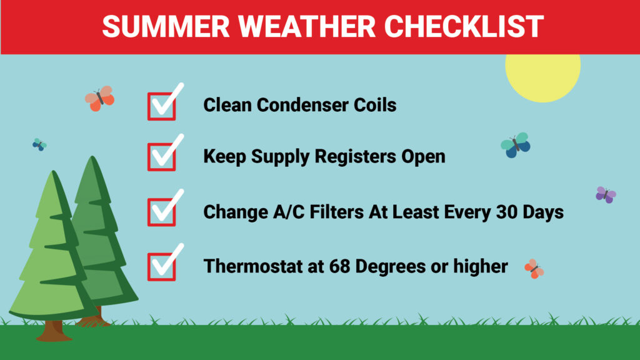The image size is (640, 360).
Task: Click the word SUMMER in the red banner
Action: click(x=166, y=26)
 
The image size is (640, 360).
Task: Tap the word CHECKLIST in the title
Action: click(x=464, y=26)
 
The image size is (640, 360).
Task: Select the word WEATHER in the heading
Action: click(x=306, y=26)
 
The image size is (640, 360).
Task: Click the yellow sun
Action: click(x=543, y=76)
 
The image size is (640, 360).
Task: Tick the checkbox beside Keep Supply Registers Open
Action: click(x=162, y=157)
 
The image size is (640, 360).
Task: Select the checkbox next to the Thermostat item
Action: click(x=162, y=267)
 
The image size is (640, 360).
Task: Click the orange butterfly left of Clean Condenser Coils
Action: click(x=99, y=98)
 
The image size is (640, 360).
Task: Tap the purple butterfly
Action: click(x=606, y=195)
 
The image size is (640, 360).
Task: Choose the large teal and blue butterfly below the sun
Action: click(x=516, y=145)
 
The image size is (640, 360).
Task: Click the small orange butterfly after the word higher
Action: click(x=534, y=269)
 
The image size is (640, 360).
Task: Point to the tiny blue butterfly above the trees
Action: click(x=39, y=144)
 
